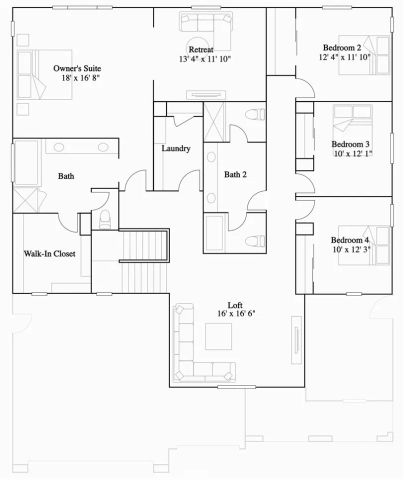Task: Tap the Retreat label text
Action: coord(202,49)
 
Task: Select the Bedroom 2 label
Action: coord(342,47)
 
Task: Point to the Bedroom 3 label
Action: coord(350,144)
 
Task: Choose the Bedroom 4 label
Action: coord(350,241)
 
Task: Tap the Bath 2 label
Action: coord(236,175)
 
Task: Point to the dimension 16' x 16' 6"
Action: coord(236,315)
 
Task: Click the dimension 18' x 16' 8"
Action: coord(81,78)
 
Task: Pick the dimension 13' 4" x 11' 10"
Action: coord(203,59)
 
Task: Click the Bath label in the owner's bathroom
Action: coord(66,176)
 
